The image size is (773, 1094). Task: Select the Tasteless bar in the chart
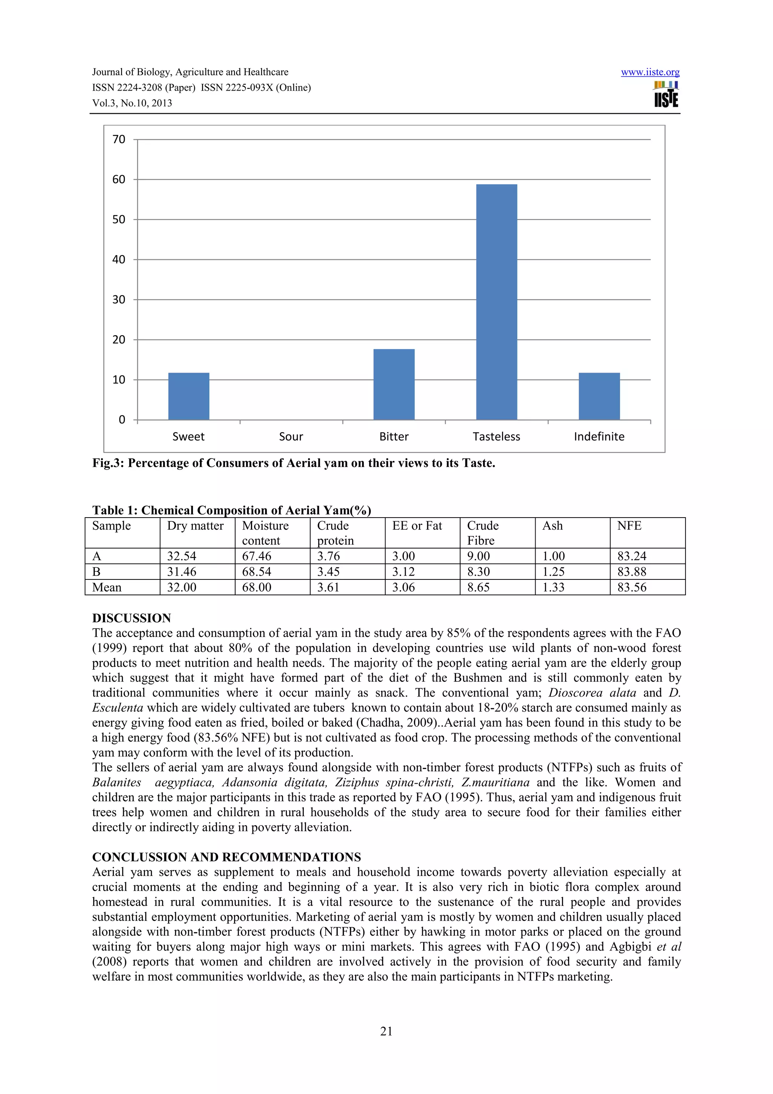click(x=496, y=302)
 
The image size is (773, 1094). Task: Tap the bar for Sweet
click(x=189, y=396)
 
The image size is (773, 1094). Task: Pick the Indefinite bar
click(x=599, y=396)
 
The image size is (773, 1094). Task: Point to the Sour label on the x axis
click(x=291, y=436)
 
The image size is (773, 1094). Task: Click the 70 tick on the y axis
click(x=119, y=140)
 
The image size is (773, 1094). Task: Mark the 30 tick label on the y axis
click(x=119, y=300)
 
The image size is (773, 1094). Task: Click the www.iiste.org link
click(x=650, y=72)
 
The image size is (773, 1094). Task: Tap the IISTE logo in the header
click(x=666, y=94)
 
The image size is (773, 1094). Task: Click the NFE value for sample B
click(x=631, y=572)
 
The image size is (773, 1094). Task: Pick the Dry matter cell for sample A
click(x=182, y=556)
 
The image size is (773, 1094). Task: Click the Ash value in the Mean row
click(x=553, y=587)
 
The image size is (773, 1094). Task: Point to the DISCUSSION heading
click(x=131, y=618)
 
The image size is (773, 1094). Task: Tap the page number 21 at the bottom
click(x=386, y=1031)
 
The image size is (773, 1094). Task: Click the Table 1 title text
click(x=231, y=510)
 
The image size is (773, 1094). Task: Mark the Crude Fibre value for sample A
click(x=478, y=556)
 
